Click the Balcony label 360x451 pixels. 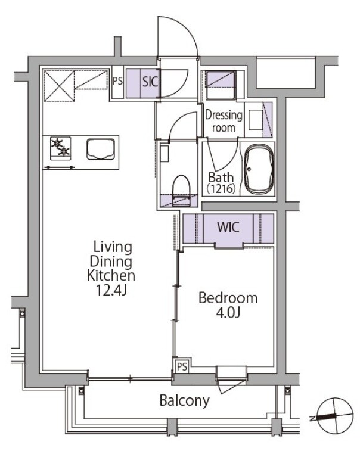(x=184, y=401)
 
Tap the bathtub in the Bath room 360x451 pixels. (x=259, y=168)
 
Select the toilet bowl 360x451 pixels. (x=181, y=191)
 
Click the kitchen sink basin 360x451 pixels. (x=101, y=149)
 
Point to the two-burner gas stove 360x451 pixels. (x=60, y=148)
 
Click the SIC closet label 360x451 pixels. (x=150, y=82)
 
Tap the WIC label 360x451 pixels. (x=228, y=227)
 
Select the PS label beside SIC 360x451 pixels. (x=117, y=81)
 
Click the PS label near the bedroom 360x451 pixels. (x=182, y=366)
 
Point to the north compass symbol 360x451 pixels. (x=334, y=416)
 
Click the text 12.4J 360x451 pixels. (x=111, y=291)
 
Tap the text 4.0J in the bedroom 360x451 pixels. (x=228, y=313)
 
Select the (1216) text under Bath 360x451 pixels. (x=221, y=188)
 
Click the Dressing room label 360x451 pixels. (x=224, y=122)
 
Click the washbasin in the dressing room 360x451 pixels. (x=256, y=119)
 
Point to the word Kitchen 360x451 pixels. (x=111, y=276)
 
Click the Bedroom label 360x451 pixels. (x=228, y=298)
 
